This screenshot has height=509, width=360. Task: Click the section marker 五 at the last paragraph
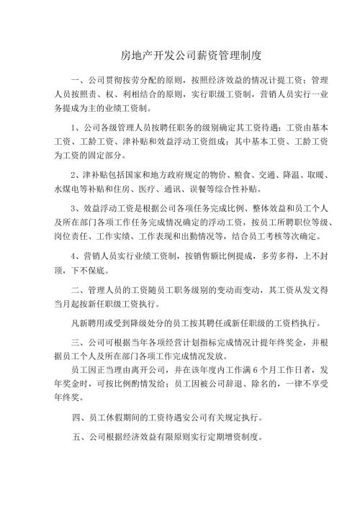78,437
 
